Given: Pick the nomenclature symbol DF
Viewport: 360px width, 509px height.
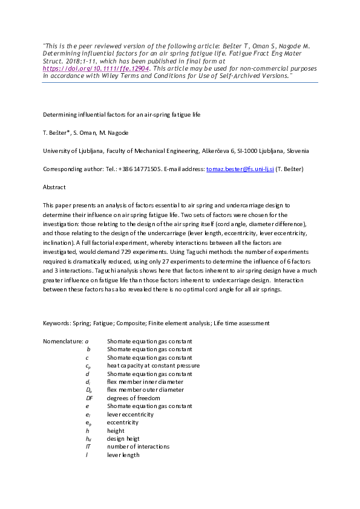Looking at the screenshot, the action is [89, 398].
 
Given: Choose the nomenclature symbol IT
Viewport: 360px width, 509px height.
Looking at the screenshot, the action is [88, 447].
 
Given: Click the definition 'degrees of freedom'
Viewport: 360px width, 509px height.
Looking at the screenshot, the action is [134, 398].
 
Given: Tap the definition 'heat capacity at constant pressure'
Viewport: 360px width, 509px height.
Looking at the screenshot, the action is [153, 366].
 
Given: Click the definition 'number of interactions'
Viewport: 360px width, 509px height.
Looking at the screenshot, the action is [138, 447].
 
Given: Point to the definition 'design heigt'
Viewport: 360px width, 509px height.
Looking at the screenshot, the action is [124, 439].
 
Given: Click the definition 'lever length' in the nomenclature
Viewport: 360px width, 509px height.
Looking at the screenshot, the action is [123, 455].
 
